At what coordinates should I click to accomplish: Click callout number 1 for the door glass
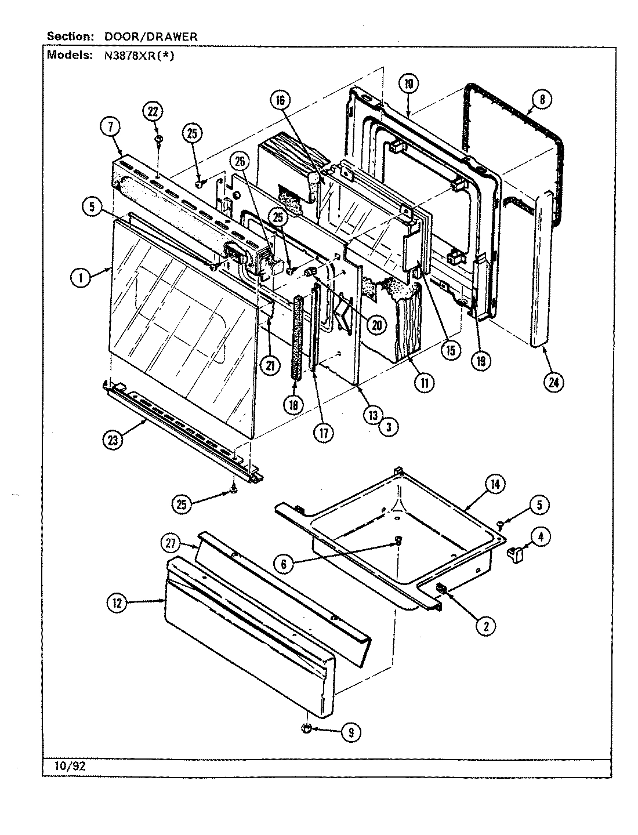point(81,278)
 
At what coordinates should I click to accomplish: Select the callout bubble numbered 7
point(110,126)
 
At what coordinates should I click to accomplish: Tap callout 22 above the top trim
point(155,111)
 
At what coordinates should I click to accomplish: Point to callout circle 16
point(280,100)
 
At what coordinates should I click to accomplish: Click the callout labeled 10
point(408,83)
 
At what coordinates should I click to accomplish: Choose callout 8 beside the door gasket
point(541,99)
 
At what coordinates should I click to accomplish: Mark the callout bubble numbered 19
point(481,361)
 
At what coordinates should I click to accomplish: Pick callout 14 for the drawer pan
point(495,484)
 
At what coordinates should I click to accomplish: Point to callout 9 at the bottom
point(350,732)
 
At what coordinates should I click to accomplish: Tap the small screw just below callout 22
point(157,140)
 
